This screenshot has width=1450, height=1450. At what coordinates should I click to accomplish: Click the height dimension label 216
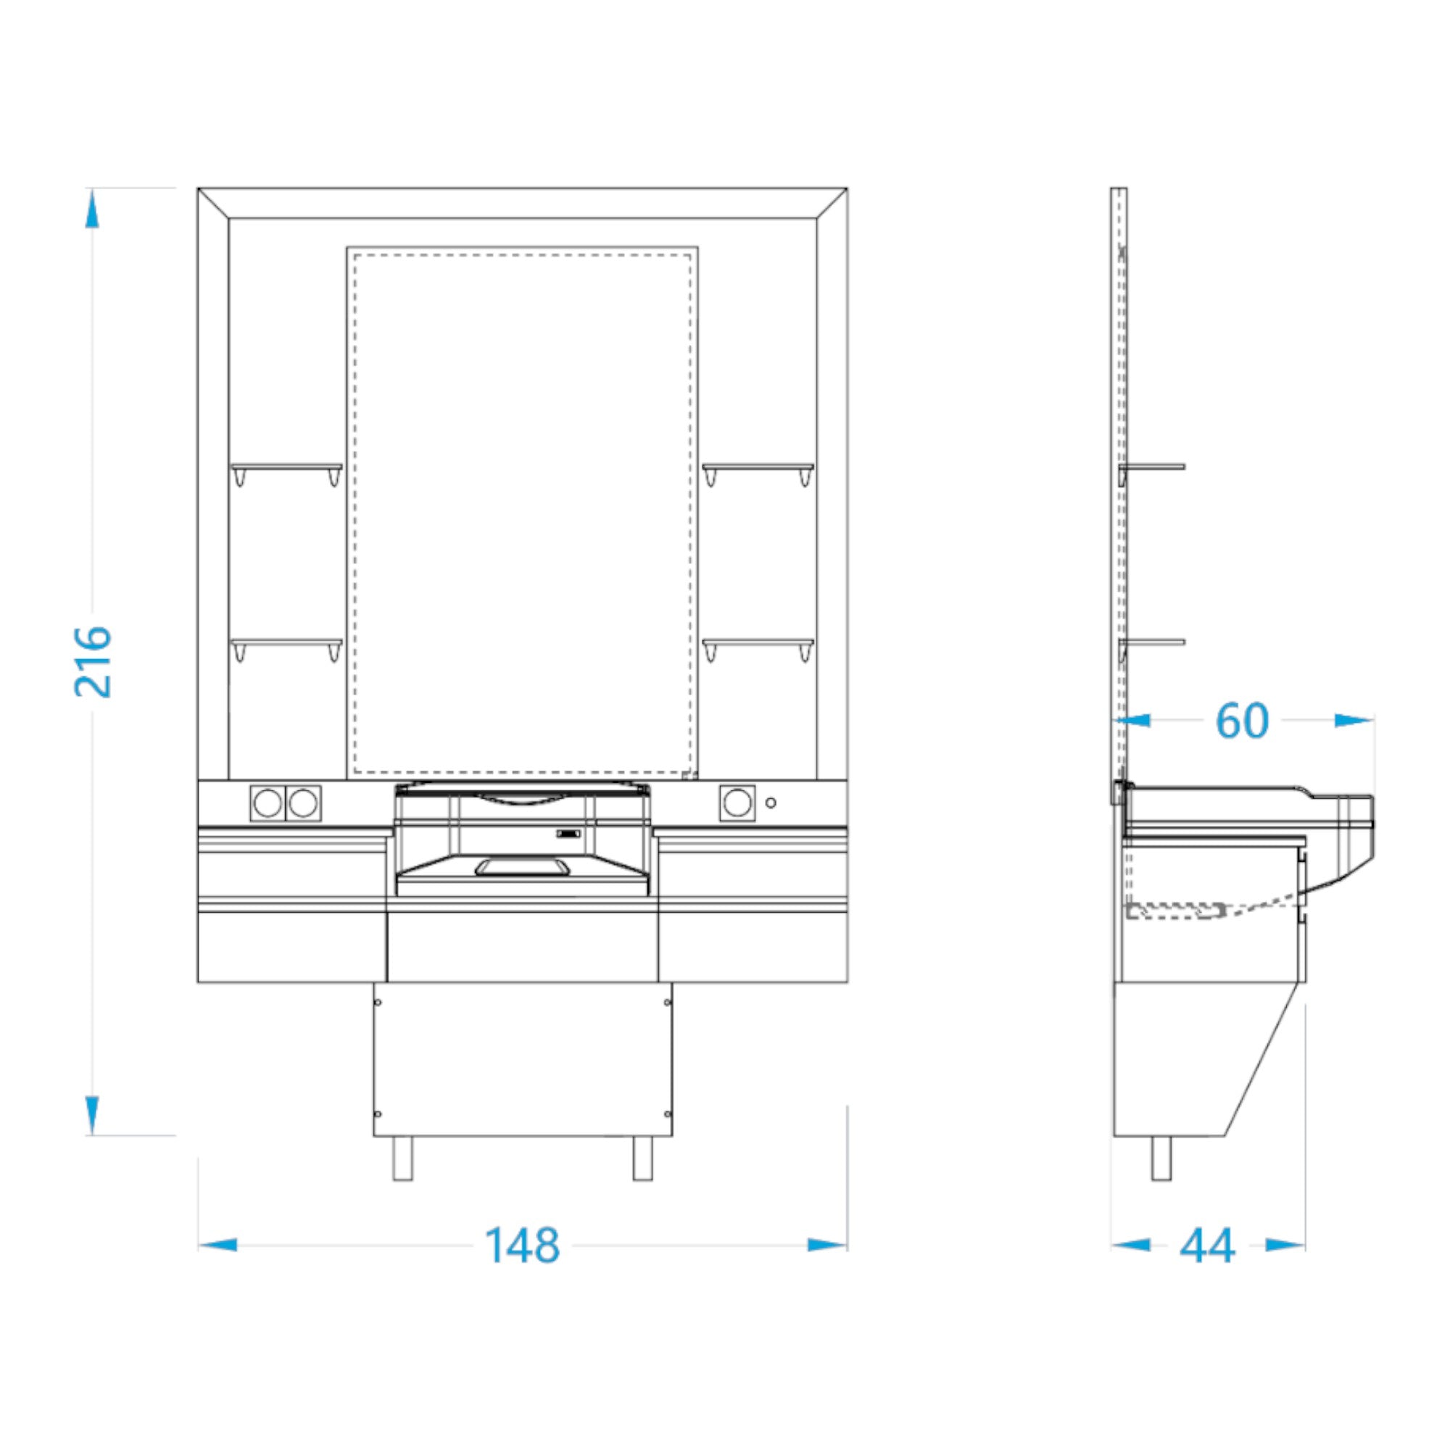93,661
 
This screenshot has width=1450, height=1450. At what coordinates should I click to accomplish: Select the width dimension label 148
521,1246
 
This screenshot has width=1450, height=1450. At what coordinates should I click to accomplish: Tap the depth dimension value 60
1242,721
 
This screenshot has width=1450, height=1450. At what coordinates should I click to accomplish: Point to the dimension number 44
1208,1246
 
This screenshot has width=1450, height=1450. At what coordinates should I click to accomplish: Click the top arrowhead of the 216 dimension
91,208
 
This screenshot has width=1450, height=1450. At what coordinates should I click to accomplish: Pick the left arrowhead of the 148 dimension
217,1245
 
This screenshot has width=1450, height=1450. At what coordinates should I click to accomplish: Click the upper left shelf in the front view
286,467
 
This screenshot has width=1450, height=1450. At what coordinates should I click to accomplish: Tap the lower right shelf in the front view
758,642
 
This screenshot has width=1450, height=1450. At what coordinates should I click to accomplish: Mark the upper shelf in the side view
1152,467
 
